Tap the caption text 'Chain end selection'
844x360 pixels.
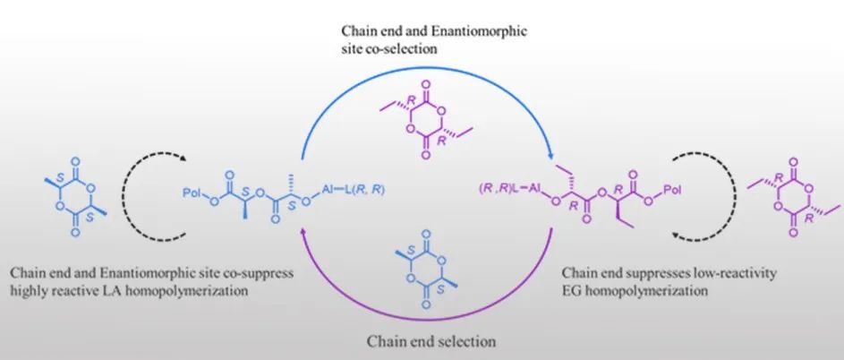[x=431, y=341]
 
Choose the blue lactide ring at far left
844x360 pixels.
[x=75, y=197]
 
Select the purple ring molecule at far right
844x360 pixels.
[x=793, y=197]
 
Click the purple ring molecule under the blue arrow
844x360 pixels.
[x=426, y=120]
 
